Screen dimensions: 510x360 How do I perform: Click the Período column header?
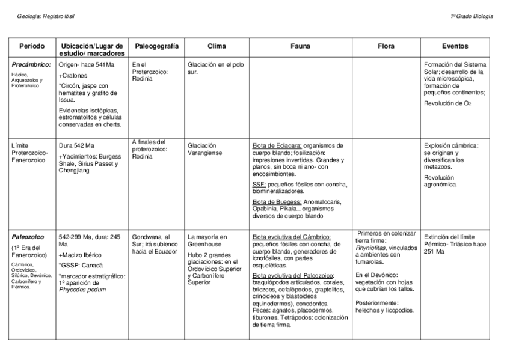pos(32,46)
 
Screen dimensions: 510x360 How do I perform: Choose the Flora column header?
pos(386,46)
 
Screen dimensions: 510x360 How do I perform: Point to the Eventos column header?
pos(455,46)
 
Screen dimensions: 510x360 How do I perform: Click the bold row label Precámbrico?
pos(31,64)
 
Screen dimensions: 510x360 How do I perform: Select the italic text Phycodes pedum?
pos(82,289)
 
